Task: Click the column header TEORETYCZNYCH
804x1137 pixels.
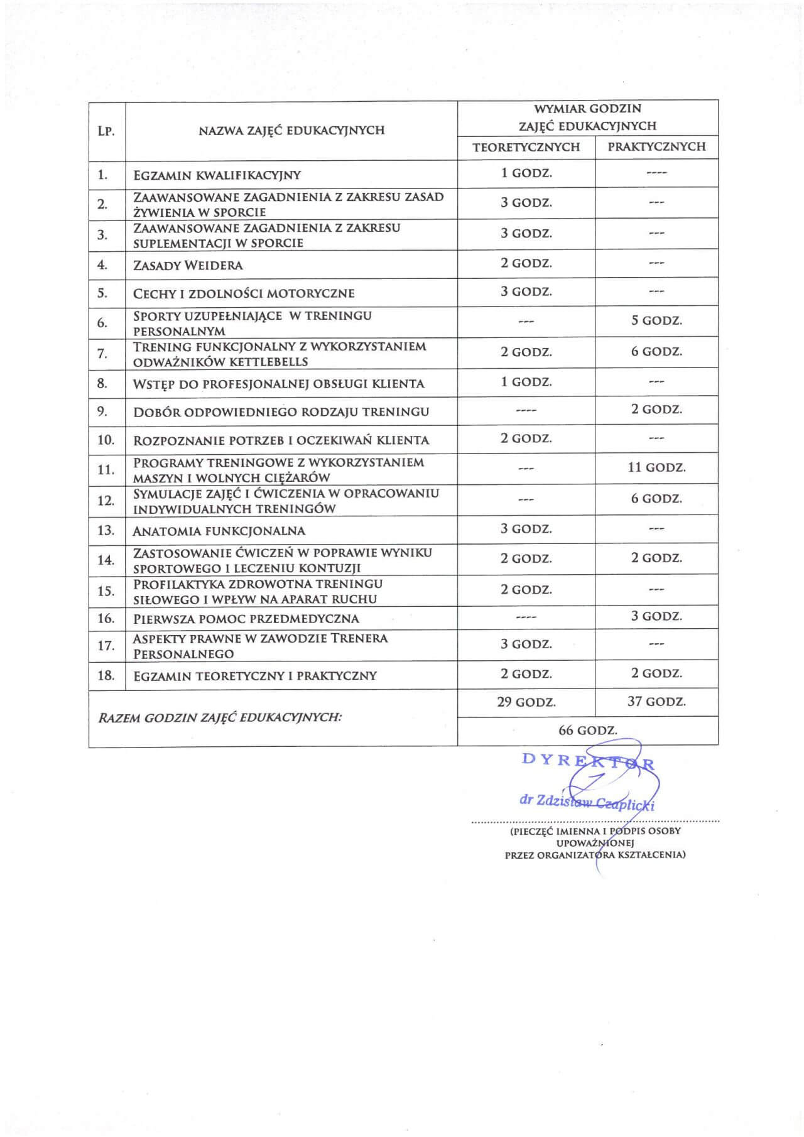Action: (x=526, y=147)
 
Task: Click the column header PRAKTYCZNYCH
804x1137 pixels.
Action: (x=656, y=147)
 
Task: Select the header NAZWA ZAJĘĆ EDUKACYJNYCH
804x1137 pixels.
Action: (x=291, y=131)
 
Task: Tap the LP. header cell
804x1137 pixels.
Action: (x=106, y=131)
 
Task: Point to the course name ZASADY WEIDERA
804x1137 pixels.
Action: (x=188, y=266)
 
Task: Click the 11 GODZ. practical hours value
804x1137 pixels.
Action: (x=656, y=468)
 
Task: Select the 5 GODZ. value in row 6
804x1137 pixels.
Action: (x=656, y=321)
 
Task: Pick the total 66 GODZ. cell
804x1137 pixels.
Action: (x=587, y=731)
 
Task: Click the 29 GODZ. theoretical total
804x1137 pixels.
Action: (x=526, y=702)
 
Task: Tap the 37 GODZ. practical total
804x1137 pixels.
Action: (x=656, y=702)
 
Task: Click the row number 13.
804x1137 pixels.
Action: (x=106, y=531)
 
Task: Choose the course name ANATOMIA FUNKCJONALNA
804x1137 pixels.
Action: (x=219, y=531)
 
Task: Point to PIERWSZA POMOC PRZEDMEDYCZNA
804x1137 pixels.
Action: (x=246, y=619)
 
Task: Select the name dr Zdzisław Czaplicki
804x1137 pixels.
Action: (x=587, y=802)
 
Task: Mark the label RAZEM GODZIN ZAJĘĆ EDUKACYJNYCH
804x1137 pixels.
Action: (x=220, y=717)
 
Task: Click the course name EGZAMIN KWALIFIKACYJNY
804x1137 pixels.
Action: (x=217, y=175)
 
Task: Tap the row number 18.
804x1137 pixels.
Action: (x=106, y=675)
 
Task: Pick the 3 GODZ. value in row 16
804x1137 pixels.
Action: (x=656, y=616)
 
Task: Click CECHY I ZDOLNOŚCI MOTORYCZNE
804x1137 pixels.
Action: (x=244, y=294)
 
